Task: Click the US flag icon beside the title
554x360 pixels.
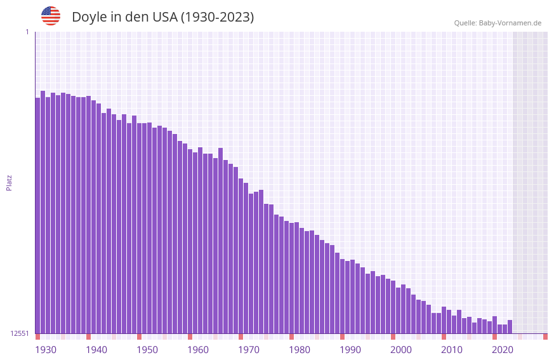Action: [x=51, y=16]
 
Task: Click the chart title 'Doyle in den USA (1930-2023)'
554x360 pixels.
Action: [x=162, y=17]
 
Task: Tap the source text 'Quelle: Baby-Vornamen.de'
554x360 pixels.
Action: [x=498, y=23]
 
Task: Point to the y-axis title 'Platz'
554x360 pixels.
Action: [x=9, y=182]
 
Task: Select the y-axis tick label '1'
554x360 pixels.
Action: [x=27, y=32]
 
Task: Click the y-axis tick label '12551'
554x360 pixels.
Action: [x=19, y=333]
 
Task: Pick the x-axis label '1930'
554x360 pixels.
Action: [x=46, y=350]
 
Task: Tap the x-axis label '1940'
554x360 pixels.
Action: [x=96, y=350]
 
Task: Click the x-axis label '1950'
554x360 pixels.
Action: [x=147, y=350]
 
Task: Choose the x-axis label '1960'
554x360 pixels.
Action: [x=198, y=350]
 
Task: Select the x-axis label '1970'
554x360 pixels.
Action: [x=249, y=350]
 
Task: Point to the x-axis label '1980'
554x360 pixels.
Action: [x=300, y=350]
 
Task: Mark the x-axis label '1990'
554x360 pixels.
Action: [x=350, y=350]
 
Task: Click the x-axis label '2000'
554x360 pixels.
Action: [x=401, y=350]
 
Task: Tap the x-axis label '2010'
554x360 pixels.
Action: [x=452, y=350]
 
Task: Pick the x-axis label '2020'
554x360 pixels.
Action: [x=503, y=350]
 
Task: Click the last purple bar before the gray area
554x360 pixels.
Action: [x=510, y=326]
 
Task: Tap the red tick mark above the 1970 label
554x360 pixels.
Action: [x=241, y=337]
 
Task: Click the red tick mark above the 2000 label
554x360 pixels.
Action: [x=393, y=337]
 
